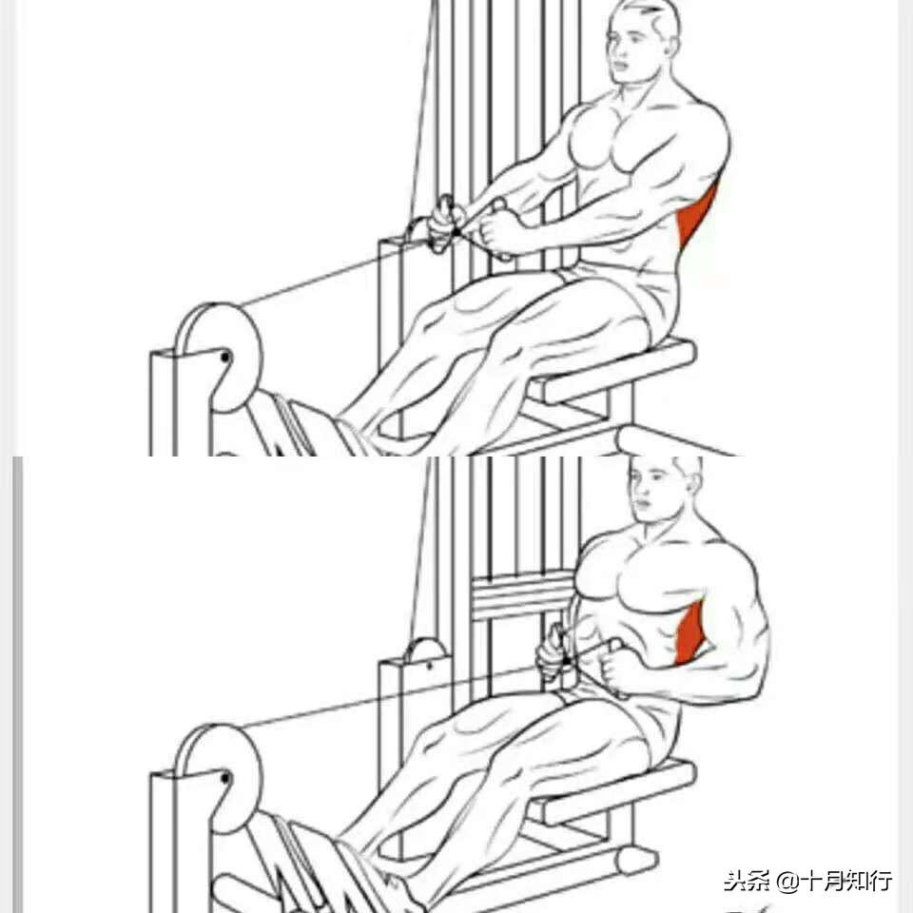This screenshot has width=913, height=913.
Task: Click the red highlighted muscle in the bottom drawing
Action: pyautogui.click(x=691, y=634)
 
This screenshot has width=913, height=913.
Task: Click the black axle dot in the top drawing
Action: pyautogui.click(x=225, y=357)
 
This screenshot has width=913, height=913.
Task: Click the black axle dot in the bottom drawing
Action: pyautogui.click(x=225, y=778)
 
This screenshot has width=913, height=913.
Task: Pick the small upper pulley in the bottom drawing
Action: pyautogui.click(x=428, y=653)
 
